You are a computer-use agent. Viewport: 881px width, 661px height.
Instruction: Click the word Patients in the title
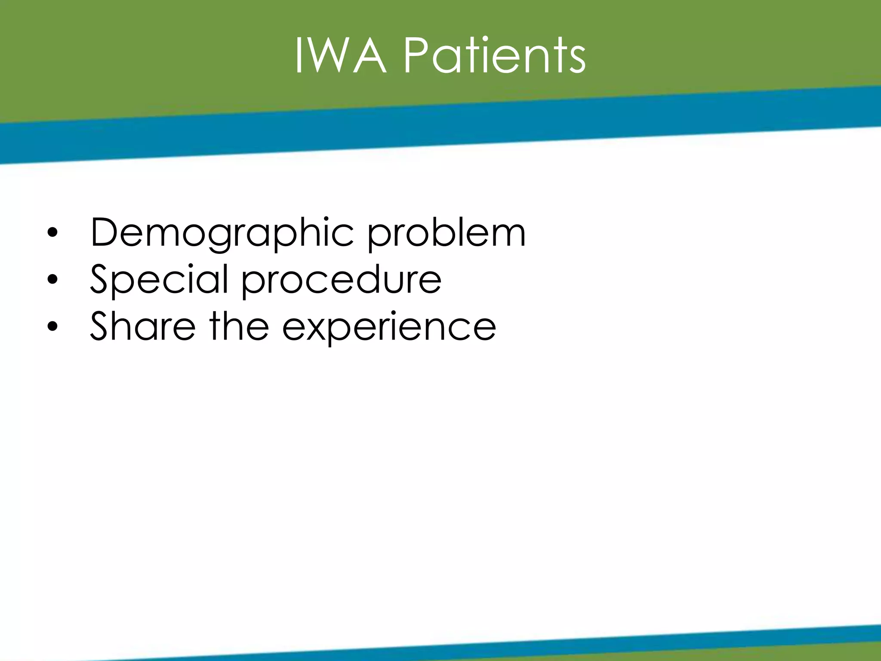(x=494, y=56)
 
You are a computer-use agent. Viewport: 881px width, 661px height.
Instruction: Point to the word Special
(x=159, y=280)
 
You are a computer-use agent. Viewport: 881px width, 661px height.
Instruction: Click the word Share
(x=142, y=327)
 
